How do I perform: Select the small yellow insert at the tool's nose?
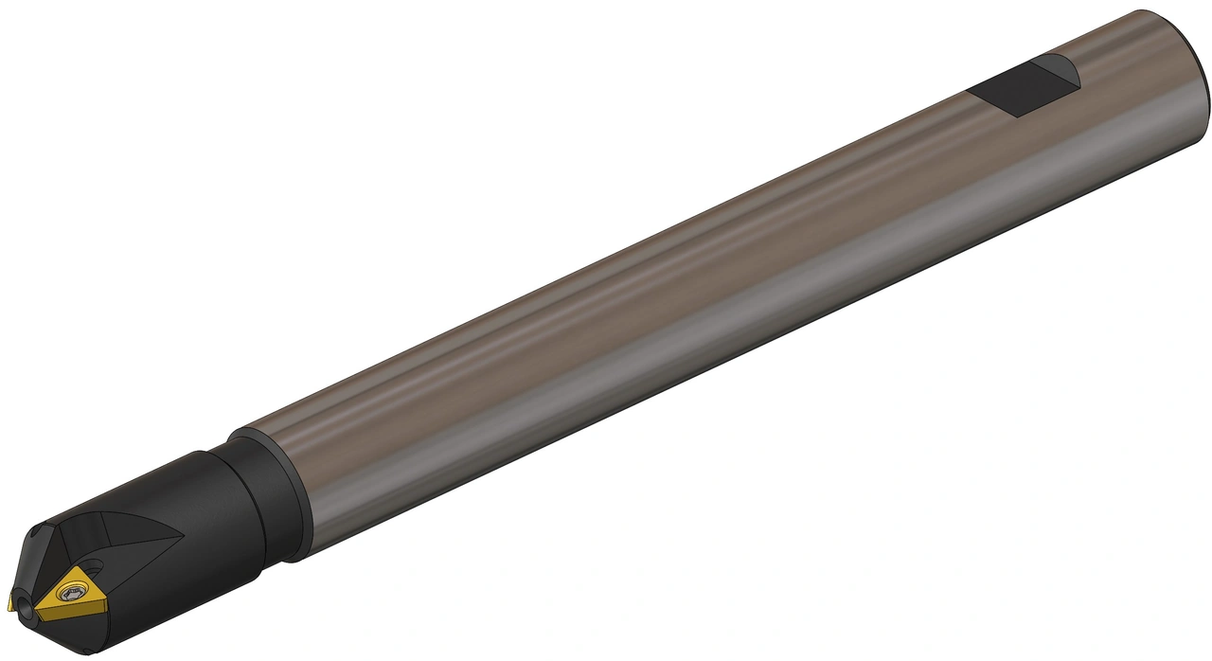12,603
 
